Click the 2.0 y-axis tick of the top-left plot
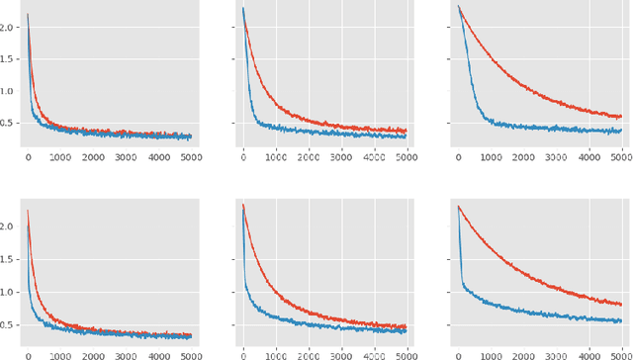(10, 28)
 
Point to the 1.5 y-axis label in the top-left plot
(10, 59)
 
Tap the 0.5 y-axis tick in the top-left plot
(10, 123)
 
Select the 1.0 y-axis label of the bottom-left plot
(10, 292)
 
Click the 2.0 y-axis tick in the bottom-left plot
(10, 226)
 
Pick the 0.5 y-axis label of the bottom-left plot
(10, 324)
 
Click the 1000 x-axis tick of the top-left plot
(60, 156)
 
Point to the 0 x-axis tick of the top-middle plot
(243, 156)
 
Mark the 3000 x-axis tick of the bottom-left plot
(126, 354)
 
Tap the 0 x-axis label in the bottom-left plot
(28, 354)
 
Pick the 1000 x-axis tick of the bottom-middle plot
(276, 354)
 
